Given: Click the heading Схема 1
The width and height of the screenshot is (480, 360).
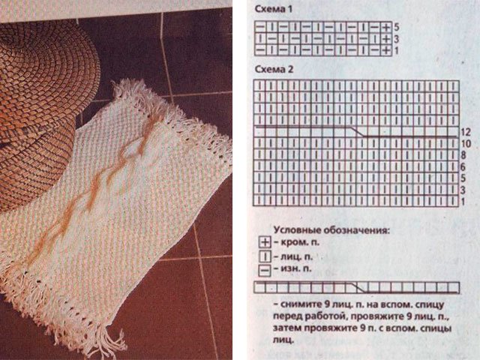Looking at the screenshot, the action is [273, 9].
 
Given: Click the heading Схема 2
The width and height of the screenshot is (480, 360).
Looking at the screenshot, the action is [274, 69].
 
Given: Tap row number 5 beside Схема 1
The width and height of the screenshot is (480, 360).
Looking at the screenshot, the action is [397, 27].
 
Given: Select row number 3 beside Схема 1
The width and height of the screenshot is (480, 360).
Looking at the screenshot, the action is [397, 39].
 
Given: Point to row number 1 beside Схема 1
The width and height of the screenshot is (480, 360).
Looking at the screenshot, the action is [397, 50].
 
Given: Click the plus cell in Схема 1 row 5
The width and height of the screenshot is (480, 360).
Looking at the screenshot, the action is [387, 27].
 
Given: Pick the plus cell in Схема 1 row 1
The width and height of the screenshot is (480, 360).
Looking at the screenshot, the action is [387, 50].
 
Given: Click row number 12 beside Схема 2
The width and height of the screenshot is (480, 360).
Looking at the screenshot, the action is [465, 132].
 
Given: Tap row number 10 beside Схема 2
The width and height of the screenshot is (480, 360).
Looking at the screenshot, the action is [466, 143].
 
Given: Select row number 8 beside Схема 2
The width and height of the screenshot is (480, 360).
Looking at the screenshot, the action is [463, 155].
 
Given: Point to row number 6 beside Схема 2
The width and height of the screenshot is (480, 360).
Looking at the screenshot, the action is [463, 166].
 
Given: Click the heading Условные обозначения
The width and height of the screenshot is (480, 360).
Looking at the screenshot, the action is [331, 230].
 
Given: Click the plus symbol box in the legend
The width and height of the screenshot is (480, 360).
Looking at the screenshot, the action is [265, 242].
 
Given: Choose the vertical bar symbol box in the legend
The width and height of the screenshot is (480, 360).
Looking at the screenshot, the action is [265, 256].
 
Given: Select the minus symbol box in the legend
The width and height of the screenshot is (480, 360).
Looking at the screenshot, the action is [265, 271].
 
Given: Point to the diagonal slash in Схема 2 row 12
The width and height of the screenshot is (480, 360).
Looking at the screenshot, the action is [357, 131].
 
